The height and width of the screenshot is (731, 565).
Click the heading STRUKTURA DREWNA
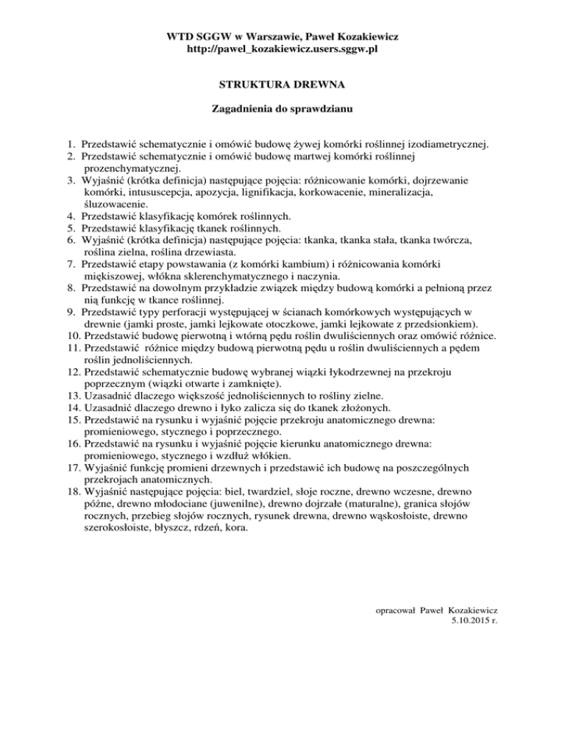click(x=282, y=85)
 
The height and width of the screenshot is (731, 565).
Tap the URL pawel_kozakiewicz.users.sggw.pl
click(x=282, y=49)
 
